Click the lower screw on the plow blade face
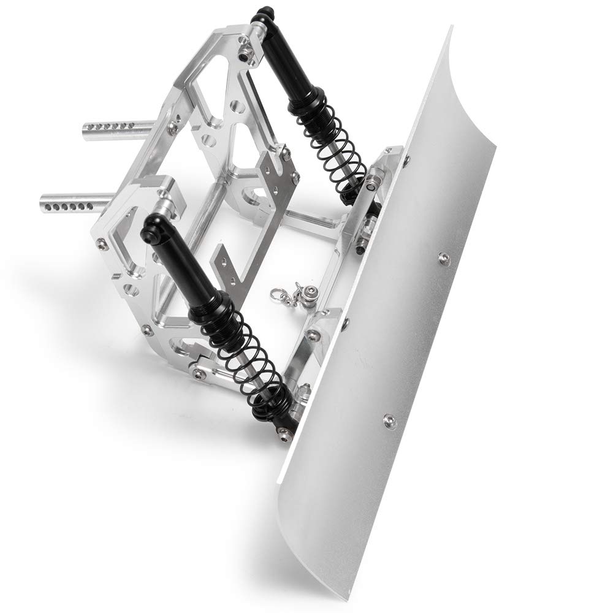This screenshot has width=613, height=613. [388, 421]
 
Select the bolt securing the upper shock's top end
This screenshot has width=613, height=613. [246, 54]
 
